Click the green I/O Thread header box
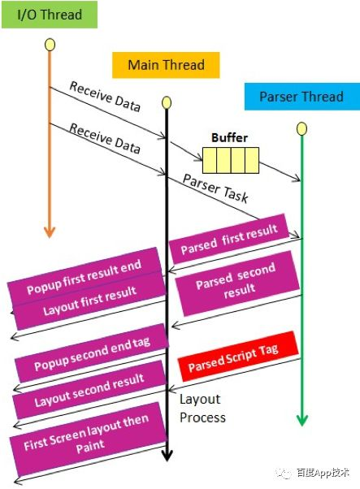(50, 15)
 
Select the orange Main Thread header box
(166, 65)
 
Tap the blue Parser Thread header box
(302, 97)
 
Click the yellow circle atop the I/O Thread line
(50, 45)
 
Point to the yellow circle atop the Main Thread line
(167, 102)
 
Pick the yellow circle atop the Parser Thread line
(301, 128)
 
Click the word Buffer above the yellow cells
(230, 137)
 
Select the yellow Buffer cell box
(231, 160)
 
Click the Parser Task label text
(215, 188)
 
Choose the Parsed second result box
(237, 283)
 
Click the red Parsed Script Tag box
(239, 357)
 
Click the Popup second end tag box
(92, 353)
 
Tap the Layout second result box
(89, 390)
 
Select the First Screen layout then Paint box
(87, 434)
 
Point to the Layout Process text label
(202, 409)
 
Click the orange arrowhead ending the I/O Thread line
(50, 232)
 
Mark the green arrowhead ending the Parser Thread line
(302, 420)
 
